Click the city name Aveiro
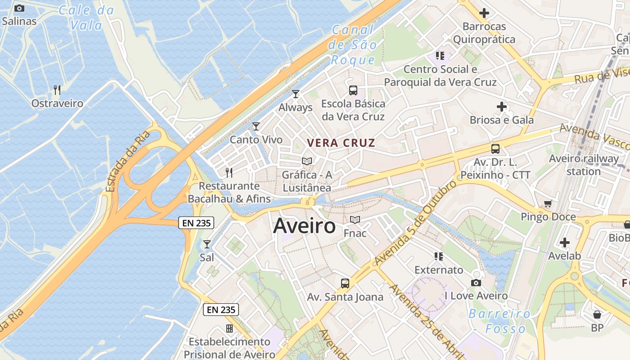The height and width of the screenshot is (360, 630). point(304,225)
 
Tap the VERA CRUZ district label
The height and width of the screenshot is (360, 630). point(341,143)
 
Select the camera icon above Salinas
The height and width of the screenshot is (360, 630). point(19,8)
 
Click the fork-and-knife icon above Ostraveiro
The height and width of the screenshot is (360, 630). point(57,90)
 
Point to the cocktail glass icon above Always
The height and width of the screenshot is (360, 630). point(296,94)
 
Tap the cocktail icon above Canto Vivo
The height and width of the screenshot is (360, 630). point(256,126)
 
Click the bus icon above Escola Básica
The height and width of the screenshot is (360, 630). point(353,90)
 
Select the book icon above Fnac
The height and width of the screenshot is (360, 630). point(355,220)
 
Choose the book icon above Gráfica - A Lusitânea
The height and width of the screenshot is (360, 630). point(307,161)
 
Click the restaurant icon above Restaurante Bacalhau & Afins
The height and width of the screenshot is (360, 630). point(229,172)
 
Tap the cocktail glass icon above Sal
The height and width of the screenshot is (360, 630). point(207,244)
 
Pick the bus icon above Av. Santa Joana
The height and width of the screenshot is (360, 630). point(345,283)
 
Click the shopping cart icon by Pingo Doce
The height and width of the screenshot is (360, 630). point(548,204)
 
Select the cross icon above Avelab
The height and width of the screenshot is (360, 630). point(565,243)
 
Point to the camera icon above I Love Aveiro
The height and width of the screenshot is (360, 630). point(476,283)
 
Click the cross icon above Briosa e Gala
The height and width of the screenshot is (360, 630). point(502,107)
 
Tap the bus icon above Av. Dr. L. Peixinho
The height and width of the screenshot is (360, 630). point(495,148)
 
